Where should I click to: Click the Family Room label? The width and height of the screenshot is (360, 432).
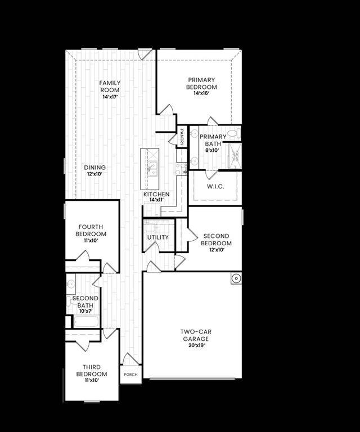pos(110,86)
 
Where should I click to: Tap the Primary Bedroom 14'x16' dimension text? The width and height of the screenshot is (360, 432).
pos(202,95)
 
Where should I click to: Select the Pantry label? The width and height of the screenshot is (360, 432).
pos(182,137)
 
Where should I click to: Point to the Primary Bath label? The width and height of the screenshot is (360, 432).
pos(214,140)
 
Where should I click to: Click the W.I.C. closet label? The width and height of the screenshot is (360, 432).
pos(215,186)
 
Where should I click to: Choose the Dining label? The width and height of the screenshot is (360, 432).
pos(95,168)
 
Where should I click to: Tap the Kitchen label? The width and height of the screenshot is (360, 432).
pos(156,194)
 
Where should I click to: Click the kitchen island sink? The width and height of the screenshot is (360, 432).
pos(152,168)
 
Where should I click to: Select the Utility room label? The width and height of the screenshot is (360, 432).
pos(158,237)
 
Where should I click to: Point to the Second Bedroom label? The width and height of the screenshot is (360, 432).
pos(217,240)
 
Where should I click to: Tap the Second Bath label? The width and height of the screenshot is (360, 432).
pos(85,301)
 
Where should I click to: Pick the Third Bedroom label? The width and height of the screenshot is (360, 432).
pos(91,371)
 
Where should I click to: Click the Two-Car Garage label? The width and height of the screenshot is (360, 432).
pos(196,336)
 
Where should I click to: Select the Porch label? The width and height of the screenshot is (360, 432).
pos(130,374)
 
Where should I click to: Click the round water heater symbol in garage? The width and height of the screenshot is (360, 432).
pos(236,278)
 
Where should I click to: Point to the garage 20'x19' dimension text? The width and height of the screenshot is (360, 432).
pos(196,346)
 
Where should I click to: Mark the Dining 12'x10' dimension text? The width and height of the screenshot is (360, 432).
pos(95,174)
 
